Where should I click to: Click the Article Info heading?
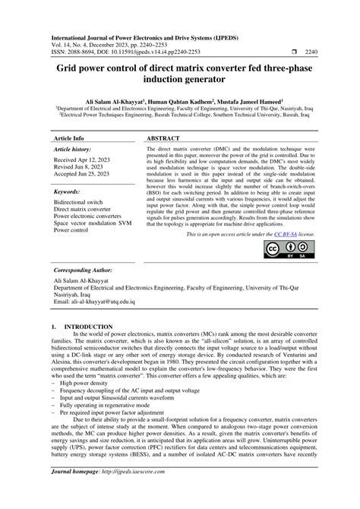pos(69,139)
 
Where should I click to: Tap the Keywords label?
pos(69,192)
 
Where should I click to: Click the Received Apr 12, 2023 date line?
pos(85,161)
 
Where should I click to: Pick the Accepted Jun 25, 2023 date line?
pos(87,176)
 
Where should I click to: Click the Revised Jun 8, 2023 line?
pos(83,169)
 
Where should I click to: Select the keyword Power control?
pos(71,229)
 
